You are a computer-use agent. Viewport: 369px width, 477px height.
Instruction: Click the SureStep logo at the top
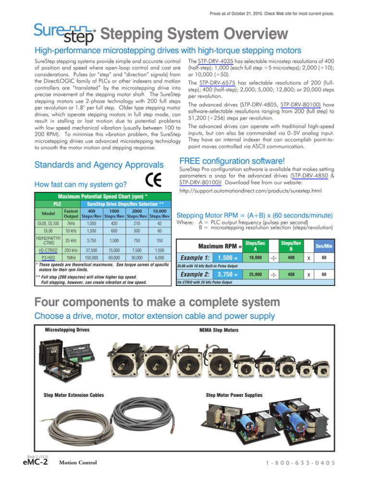coord(64,34)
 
